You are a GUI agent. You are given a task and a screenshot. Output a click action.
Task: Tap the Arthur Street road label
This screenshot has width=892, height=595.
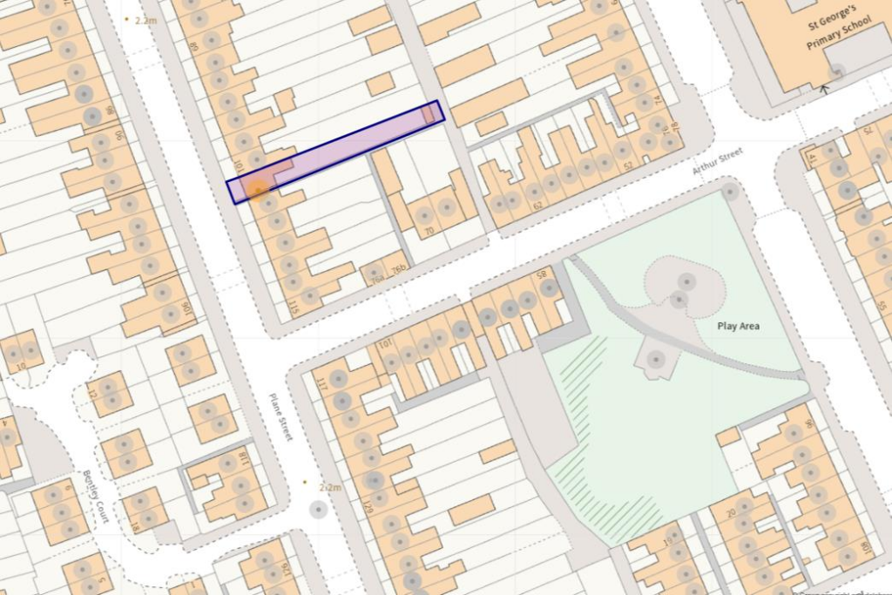(x=718, y=160)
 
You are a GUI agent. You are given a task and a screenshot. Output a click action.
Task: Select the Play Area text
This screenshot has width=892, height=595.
(x=738, y=327)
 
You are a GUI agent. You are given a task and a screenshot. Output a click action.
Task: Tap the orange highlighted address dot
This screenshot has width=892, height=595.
(x=256, y=188)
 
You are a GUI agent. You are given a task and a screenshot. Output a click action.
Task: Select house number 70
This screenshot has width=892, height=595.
(x=428, y=232)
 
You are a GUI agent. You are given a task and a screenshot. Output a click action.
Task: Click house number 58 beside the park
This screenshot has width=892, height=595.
(x=541, y=276)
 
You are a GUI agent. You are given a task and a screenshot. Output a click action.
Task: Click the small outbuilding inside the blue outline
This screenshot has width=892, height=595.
(x=429, y=114)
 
